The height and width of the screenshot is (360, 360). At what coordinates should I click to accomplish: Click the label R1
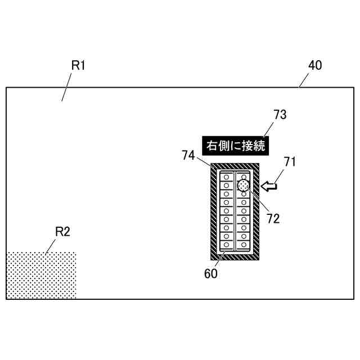pos(78,65)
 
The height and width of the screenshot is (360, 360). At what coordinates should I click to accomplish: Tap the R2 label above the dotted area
pos(62,231)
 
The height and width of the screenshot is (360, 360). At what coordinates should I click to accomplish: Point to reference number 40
pos(315,65)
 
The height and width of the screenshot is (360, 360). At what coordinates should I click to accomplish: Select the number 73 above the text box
pos(280,115)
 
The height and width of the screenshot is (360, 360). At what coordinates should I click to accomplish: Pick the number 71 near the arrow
pos(290,162)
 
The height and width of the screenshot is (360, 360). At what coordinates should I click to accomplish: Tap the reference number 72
pos(273,219)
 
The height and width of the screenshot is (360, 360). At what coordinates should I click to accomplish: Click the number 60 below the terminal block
pos(210,274)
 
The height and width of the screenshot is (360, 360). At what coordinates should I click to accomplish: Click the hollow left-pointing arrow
pos(270,186)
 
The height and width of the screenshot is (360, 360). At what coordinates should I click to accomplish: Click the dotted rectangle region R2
pos(41,276)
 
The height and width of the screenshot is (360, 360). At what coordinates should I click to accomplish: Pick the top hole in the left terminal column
pos(227,177)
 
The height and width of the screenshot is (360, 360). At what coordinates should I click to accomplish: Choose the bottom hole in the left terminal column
pos(227,245)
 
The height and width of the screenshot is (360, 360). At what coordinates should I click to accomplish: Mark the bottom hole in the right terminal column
pos(244,245)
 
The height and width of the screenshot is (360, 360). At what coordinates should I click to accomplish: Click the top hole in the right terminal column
pos(244,177)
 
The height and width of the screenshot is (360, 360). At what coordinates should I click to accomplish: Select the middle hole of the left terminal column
pos(227,211)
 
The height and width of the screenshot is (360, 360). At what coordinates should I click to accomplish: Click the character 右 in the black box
pos(211,146)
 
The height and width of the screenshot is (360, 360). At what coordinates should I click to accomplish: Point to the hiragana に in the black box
pos(235,146)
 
